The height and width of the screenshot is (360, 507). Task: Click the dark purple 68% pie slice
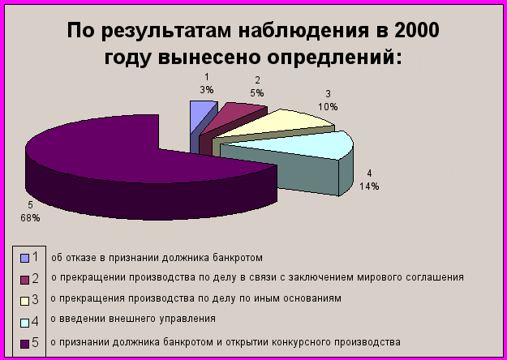pos(129,161)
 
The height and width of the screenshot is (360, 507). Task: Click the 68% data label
pos(30,218)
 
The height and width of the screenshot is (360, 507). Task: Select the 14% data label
pos(369,186)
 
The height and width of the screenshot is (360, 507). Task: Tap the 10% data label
pos(328,107)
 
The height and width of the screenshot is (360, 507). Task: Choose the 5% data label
pos(256,93)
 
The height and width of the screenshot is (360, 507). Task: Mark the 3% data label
pos(207,90)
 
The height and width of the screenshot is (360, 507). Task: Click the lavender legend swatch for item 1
pos(24,258)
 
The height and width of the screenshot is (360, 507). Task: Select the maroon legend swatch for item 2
pos(24,280)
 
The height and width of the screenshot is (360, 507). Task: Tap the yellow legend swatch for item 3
pos(24,301)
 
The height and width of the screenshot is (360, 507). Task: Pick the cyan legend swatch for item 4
pos(24,323)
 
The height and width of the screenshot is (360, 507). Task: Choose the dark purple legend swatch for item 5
pos(24,344)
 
